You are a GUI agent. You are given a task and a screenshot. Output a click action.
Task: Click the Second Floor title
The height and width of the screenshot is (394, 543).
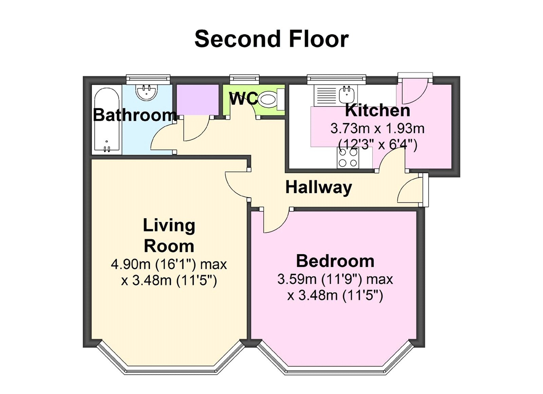pyautogui.click(x=271, y=39)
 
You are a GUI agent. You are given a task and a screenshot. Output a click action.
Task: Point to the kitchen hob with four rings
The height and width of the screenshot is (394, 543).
pyautogui.click(x=348, y=158)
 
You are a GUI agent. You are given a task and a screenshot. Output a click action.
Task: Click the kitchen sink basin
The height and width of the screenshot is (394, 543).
pyautogui.click(x=347, y=94)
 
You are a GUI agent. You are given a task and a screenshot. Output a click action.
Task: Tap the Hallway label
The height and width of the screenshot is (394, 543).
pyautogui.click(x=318, y=187)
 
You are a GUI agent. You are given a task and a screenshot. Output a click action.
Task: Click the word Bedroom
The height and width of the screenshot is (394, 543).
pyautogui.click(x=335, y=261)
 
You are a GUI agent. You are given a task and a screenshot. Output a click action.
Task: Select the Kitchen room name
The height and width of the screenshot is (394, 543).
pyautogui.click(x=377, y=111)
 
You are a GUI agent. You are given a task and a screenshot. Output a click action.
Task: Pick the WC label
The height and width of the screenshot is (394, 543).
pyautogui.click(x=243, y=99)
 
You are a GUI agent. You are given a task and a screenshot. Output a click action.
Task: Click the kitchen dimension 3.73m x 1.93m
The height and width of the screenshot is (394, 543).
pyautogui.click(x=377, y=129)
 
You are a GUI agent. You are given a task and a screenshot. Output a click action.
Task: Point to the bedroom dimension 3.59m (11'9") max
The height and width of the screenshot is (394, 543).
pyautogui.click(x=335, y=279)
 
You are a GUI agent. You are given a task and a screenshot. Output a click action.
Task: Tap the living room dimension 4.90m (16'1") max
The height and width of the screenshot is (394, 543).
pyautogui.click(x=169, y=264)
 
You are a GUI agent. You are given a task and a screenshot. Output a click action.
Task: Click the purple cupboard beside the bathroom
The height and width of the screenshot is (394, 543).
pyautogui.click(x=197, y=100)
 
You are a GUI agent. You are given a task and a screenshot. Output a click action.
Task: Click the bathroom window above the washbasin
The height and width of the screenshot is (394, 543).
pyautogui.click(x=148, y=79)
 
